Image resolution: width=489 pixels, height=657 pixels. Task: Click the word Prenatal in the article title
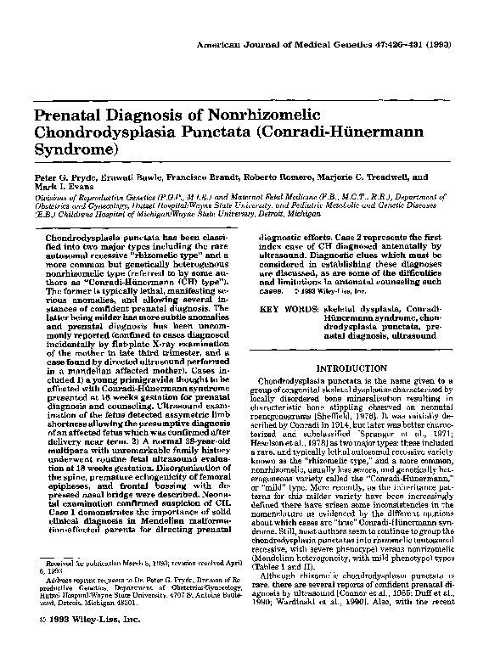[x=67, y=116]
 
